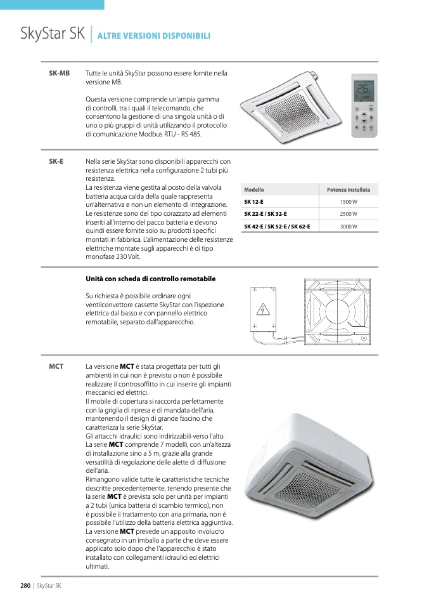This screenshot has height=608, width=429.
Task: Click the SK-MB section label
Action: point(59,74)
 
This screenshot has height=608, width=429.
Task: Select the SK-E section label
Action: point(56,161)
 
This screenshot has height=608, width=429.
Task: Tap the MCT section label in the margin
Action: point(56,367)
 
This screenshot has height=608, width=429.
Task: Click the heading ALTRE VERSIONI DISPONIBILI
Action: point(154,36)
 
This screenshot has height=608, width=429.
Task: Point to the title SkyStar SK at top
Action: point(53,34)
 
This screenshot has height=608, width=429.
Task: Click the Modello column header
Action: point(254,190)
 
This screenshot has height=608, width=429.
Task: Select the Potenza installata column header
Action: point(348,190)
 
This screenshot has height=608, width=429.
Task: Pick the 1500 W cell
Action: point(348,202)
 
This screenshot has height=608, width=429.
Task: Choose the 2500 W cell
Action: point(348,214)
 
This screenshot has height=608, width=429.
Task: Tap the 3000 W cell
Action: point(348,227)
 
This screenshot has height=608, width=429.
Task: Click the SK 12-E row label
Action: point(254,202)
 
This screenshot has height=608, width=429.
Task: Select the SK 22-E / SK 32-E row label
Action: point(266,214)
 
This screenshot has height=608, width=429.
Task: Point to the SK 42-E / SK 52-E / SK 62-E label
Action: point(277,227)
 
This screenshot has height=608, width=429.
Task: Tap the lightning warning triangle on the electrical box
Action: point(261,310)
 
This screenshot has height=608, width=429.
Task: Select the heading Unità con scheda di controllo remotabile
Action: point(151,279)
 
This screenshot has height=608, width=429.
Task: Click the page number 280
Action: point(25,585)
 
